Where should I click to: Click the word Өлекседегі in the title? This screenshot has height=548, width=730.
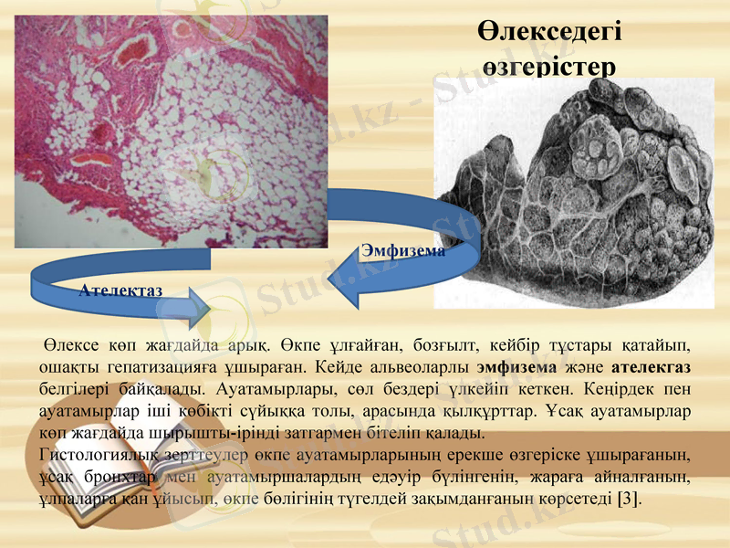tap(549, 32)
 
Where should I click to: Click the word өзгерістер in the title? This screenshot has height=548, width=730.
tap(549, 66)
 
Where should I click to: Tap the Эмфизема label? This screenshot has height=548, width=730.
tap(403, 249)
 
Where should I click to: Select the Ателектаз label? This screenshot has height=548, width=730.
tap(120, 290)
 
